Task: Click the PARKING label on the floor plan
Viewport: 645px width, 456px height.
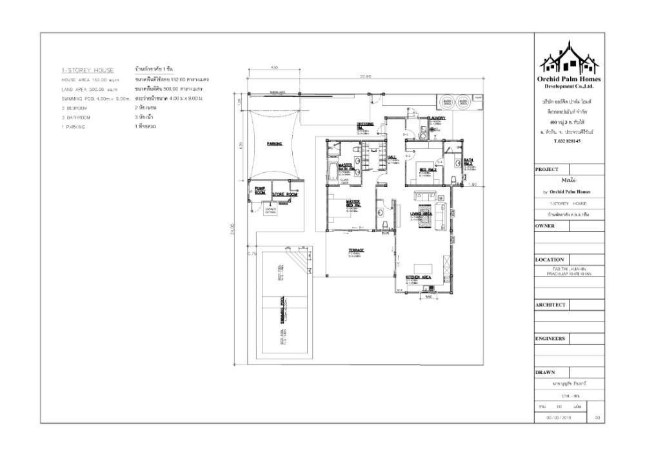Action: click(275, 144)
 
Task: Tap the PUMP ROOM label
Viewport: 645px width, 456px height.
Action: click(260, 190)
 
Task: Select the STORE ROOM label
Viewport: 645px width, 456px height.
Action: click(283, 193)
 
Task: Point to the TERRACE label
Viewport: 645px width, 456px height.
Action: click(357, 250)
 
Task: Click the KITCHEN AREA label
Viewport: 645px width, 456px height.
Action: click(418, 277)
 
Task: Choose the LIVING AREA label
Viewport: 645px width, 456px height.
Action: click(421, 213)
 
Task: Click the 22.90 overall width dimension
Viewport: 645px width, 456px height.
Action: click(366, 76)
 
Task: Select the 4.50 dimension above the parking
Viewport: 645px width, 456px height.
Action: click(273, 67)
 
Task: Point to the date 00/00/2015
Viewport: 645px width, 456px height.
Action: click(560, 418)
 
